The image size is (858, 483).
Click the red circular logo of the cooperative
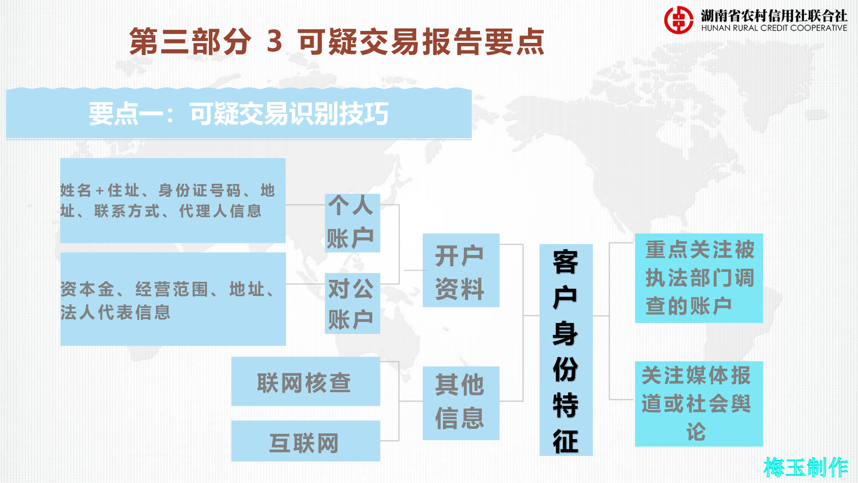tap(679, 20)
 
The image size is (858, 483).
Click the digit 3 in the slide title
tap(274, 41)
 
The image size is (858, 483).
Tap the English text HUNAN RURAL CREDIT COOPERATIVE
tap(774, 28)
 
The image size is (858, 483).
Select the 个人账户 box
tap(352, 223)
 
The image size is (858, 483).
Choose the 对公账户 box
tap(352, 303)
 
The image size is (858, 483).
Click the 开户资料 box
tap(461, 270)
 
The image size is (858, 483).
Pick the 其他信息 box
tap(461, 403)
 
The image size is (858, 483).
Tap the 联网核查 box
tap(305, 381)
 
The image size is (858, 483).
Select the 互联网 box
tap(305, 441)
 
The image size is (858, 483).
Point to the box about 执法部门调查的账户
tap(698, 278)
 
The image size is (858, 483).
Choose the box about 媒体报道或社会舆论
tap(698, 403)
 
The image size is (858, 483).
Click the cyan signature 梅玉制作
tap(805, 467)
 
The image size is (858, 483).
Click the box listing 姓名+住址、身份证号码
tap(172, 201)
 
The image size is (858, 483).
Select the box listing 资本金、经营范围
tap(172, 299)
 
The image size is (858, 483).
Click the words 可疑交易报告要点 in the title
tap(421, 41)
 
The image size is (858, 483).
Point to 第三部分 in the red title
tap(190, 41)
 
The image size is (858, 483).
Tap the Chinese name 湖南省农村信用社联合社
tap(774, 15)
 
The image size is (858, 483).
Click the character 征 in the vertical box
tap(566, 441)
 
